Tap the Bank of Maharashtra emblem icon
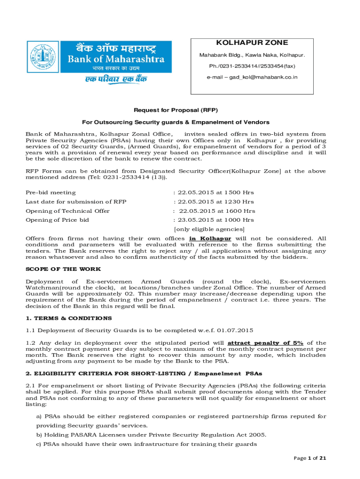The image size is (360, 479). (x=49, y=59)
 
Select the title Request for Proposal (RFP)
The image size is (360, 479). (x=176, y=110)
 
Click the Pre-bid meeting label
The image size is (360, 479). (x=50, y=192)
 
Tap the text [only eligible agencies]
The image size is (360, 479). (x=209, y=229)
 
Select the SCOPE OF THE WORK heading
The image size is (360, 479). (x=63, y=269)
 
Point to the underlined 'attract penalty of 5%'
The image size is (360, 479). (x=265, y=343)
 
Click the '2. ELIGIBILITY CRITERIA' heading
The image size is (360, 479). (x=144, y=373)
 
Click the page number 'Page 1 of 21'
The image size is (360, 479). (x=310, y=458)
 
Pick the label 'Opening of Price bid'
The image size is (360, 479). (x=57, y=220)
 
